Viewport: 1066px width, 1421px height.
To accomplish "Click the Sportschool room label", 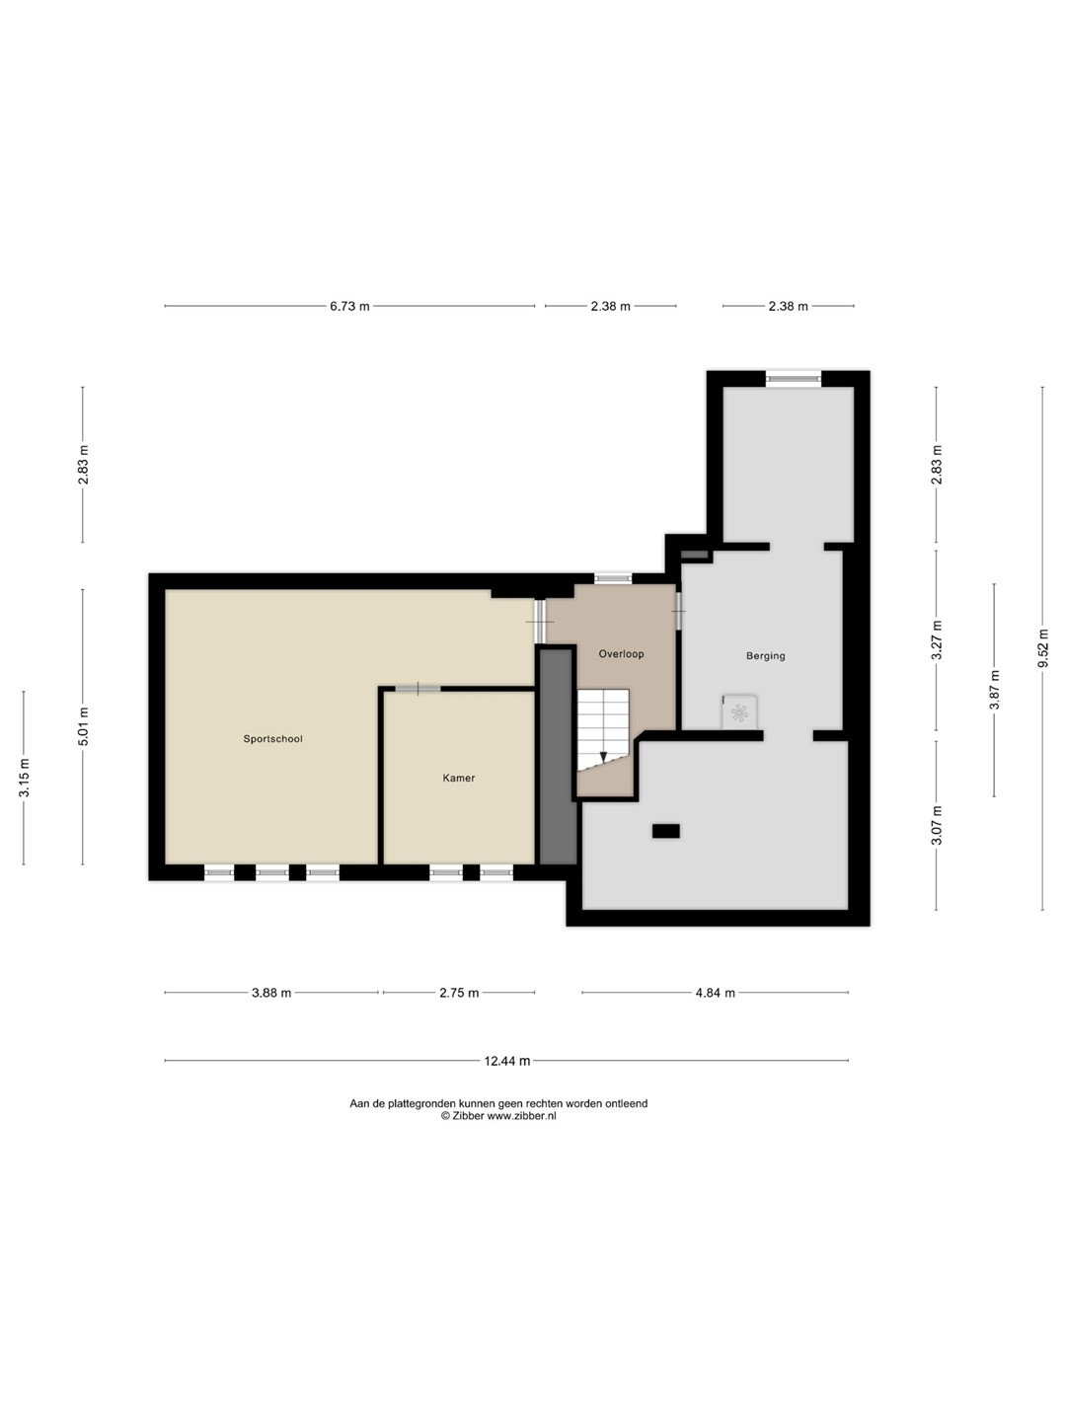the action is point(272,739).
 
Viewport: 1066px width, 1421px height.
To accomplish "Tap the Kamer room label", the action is point(458,779).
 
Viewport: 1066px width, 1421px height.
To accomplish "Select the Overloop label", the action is point(621,654).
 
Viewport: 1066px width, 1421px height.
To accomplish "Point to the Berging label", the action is point(765,656).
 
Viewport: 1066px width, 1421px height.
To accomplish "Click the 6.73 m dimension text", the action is point(349,306).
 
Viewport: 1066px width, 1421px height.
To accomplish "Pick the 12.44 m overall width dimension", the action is point(506,1061).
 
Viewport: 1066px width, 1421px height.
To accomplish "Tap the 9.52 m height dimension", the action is point(1042,649).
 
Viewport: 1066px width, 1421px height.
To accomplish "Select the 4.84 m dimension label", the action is point(715,993).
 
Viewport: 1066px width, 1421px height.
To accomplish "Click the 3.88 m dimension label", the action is point(271,993).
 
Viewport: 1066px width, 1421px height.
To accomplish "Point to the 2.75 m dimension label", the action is point(459,993).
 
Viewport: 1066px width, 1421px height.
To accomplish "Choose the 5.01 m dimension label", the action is point(83,726).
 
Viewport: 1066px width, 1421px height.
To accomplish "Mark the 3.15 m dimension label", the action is point(24,777).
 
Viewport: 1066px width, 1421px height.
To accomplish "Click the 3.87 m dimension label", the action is point(994,690).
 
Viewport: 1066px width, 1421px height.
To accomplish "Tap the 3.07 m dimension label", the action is point(936,825).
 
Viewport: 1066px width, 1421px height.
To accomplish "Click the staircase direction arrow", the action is point(603,756).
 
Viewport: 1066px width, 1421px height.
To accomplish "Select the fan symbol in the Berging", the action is point(738,712).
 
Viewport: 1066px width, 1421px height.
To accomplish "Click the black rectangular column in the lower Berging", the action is point(665,831).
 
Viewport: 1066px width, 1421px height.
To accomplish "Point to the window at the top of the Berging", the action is point(794,379).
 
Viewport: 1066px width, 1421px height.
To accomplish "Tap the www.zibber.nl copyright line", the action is point(498,1115).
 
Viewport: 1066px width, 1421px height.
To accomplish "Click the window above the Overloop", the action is point(613,578).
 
